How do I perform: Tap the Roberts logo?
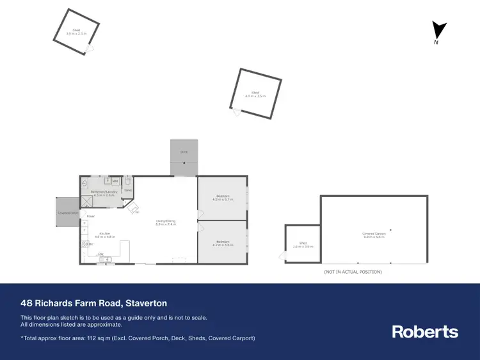point(425,331)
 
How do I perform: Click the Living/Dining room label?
point(166,222)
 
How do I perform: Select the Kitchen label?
point(104,235)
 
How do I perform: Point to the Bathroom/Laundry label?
point(102,193)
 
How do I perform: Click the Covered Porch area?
point(67,212)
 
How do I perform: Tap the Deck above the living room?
point(184,156)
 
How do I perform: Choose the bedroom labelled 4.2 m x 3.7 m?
point(223,198)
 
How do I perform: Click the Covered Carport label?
point(374,235)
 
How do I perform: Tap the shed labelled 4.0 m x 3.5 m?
point(255,94)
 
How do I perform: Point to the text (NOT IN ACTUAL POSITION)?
point(353,272)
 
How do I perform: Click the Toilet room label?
point(127,189)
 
